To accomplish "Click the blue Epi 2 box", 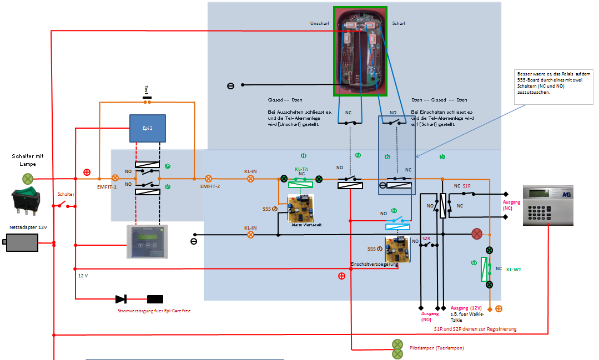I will click(148, 128).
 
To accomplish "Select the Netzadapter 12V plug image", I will click(22, 243).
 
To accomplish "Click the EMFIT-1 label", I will click(107, 187).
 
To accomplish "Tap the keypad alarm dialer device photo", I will click(547, 205).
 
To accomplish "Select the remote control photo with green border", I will click(361, 51).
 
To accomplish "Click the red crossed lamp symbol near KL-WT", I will click(476, 234).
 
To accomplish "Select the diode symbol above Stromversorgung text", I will click(121, 299).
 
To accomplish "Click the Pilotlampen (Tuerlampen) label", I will click(436, 347).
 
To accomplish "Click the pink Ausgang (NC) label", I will click(511, 205).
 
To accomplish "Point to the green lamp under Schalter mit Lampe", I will click(27, 179).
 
